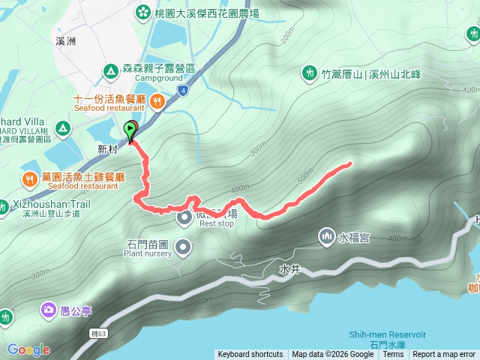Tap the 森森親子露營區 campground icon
coord(110,71)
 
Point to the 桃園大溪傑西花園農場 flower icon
coord(142,12)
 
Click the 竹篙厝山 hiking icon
coord(309,73)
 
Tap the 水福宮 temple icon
coord(326,237)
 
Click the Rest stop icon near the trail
coord(185,217)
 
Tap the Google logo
coord(28,349)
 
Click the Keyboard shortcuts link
coord(250,355)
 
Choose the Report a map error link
coord(444,355)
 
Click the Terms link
coord(393,355)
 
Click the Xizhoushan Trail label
coord(45,204)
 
